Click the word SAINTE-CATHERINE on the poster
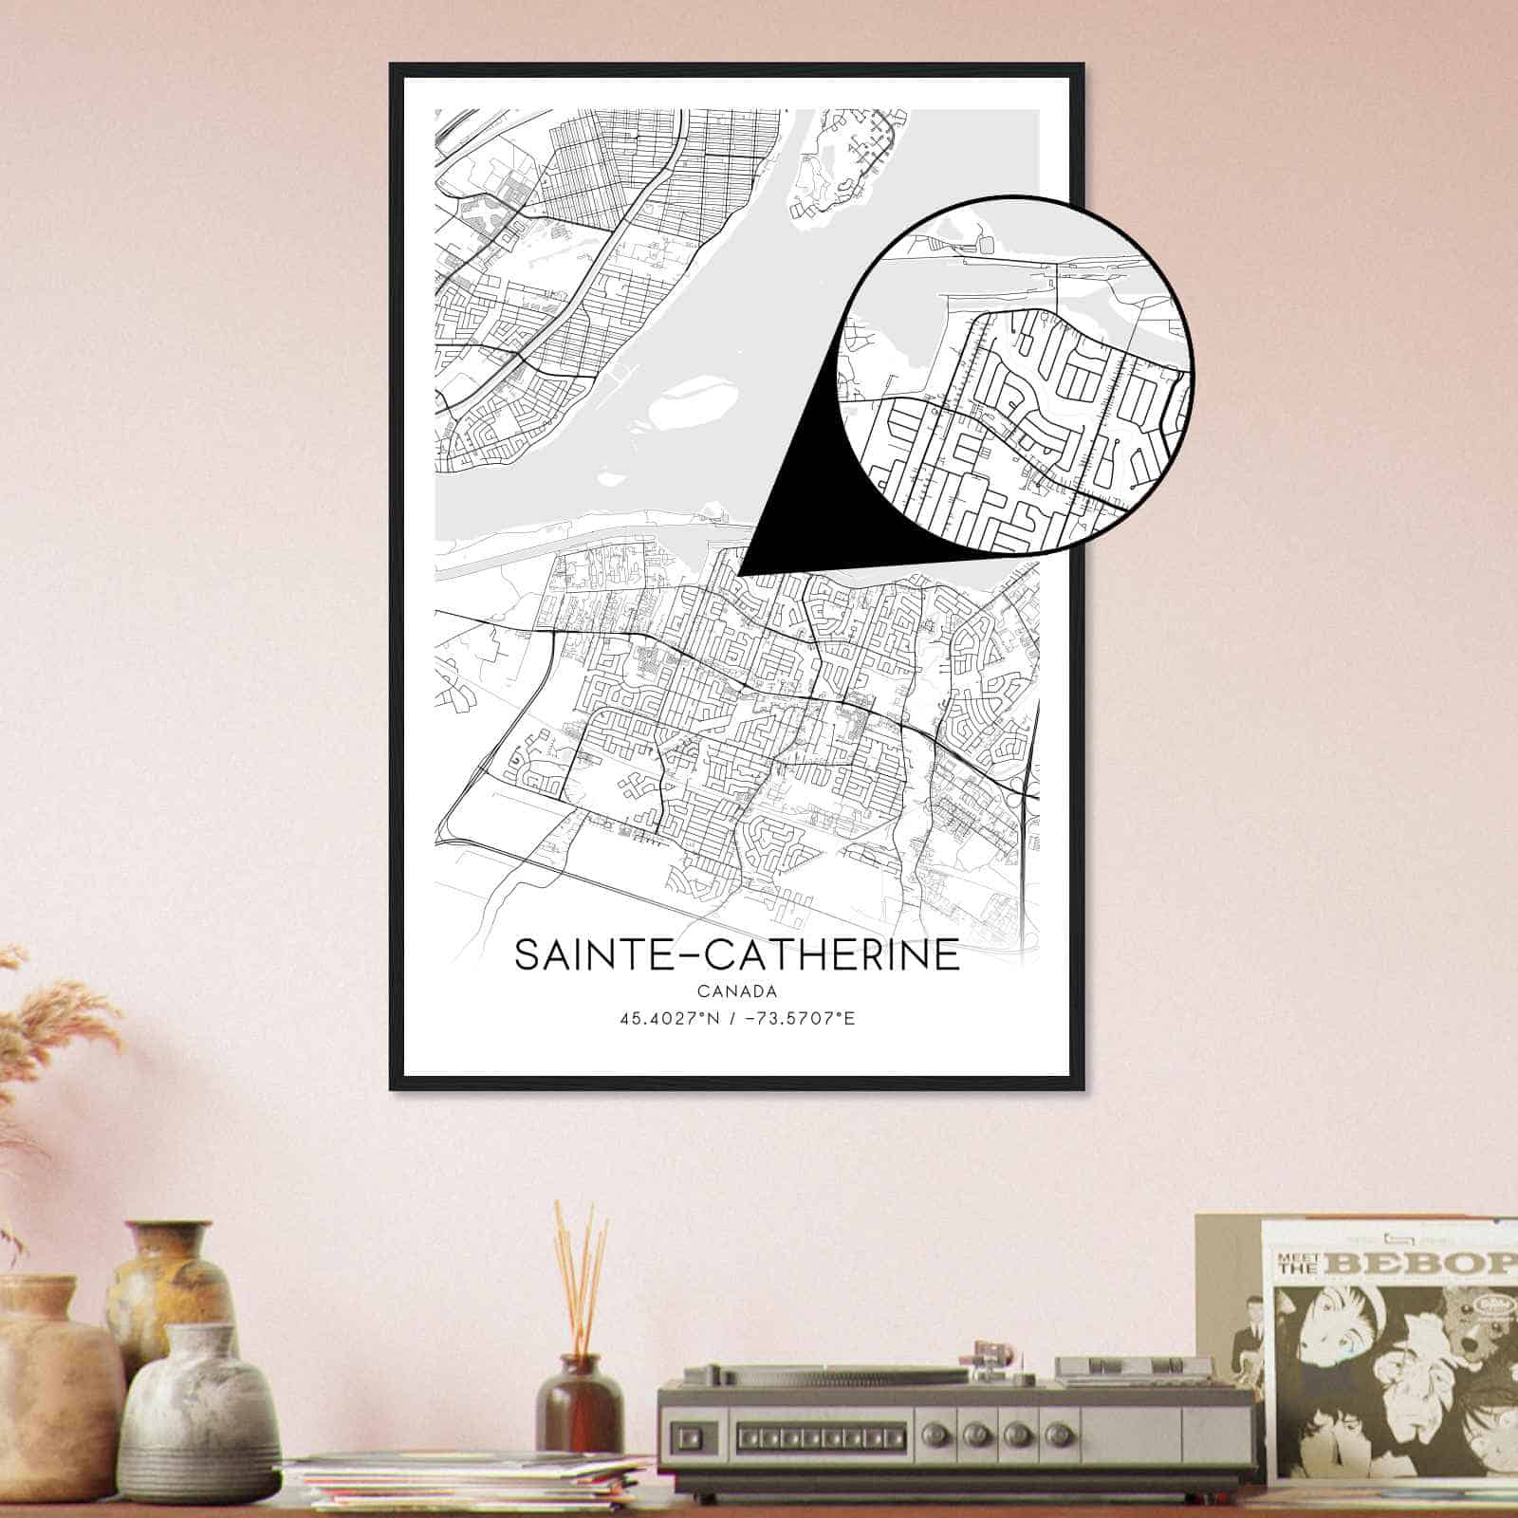click(x=736, y=954)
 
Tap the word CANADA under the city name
click(x=736, y=992)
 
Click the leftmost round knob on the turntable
click(x=973, y=1430)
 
